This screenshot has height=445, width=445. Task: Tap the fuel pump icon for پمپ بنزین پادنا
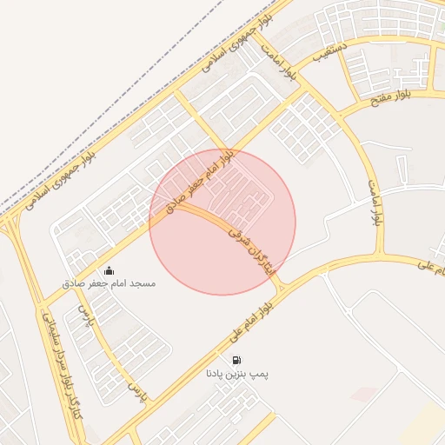pyautogui.click(x=236, y=359)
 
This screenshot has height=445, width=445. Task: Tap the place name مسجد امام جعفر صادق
pyautogui.click(x=109, y=284)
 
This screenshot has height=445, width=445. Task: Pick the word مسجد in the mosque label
pyautogui.click(x=142, y=284)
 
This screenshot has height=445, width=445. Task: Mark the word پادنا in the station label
pyautogui.click(x=215, y=374)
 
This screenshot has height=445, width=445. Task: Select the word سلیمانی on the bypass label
pyautogui.click(x=48, y=327)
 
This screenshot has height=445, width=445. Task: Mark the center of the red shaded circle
pyautogui.click(x=222, y=222)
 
